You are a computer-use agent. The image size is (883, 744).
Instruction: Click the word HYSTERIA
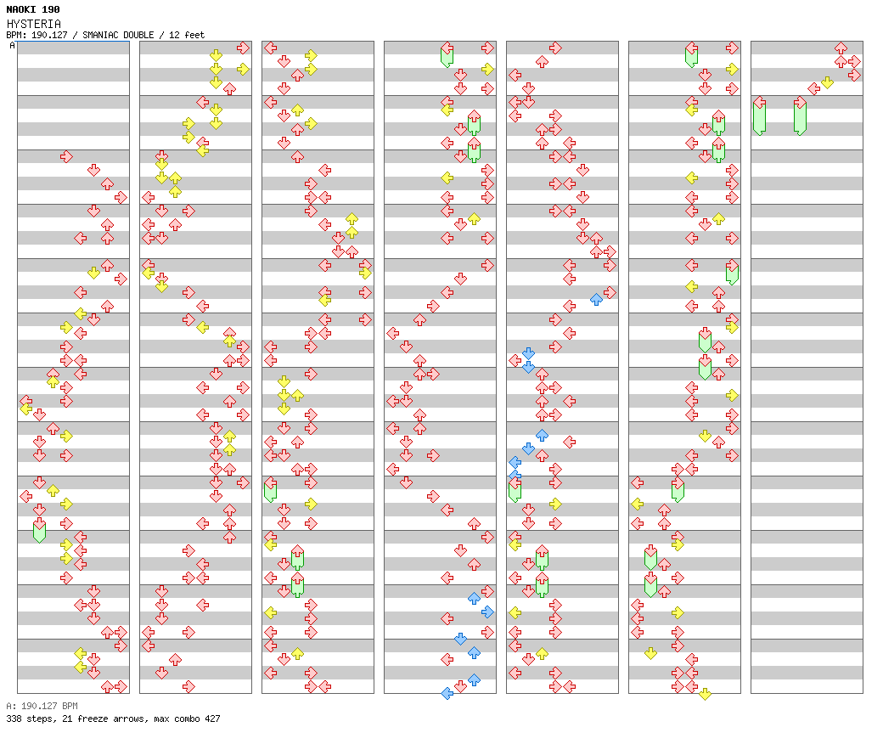tap(33, 24)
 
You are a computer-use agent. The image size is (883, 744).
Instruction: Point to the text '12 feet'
tap(187, 36)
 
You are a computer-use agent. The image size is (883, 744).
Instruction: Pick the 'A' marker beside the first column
tap(12, 46)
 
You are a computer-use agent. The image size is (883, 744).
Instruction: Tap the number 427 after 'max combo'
tap(211, 719)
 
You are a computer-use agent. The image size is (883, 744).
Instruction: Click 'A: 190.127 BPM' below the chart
tap(42, 706)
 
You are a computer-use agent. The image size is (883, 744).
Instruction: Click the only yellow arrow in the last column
tap(827, 82)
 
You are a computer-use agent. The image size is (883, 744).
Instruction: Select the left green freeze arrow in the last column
tap(759, 116)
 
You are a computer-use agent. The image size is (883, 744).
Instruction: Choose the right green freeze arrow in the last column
tap(800, 116)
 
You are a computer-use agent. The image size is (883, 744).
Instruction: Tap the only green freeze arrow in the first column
tap(39, 531)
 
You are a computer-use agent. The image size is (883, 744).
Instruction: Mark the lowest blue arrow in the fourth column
tap(447, 693)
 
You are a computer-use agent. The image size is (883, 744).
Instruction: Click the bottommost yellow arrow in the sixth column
tap(705, 693)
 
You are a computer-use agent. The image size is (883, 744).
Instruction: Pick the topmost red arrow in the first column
tap(66, 156)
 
